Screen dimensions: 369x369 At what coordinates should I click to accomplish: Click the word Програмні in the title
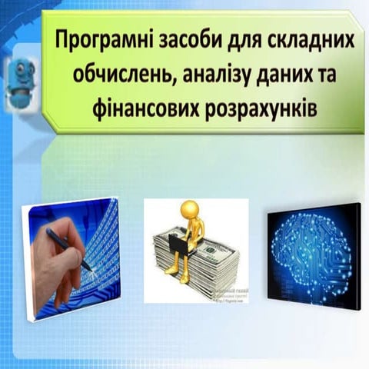pos(100,39)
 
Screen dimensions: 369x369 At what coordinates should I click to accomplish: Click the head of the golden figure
pos(189,208)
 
